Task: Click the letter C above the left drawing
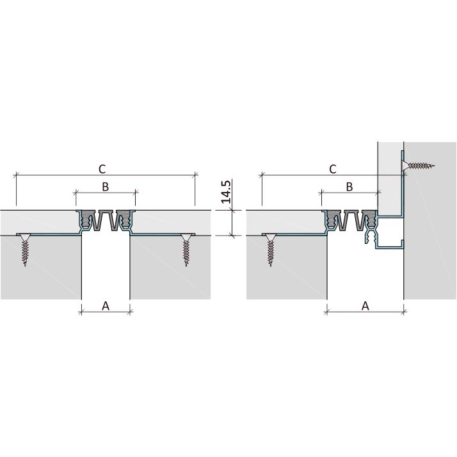(102, 169)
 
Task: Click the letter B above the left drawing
(106, 186)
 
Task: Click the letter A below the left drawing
(106, 306)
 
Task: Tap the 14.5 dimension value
(226, 192)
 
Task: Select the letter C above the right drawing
(333, 169)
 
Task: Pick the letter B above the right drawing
(349, 186)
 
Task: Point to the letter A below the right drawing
(365, 306)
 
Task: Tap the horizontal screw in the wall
(419, 166)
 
